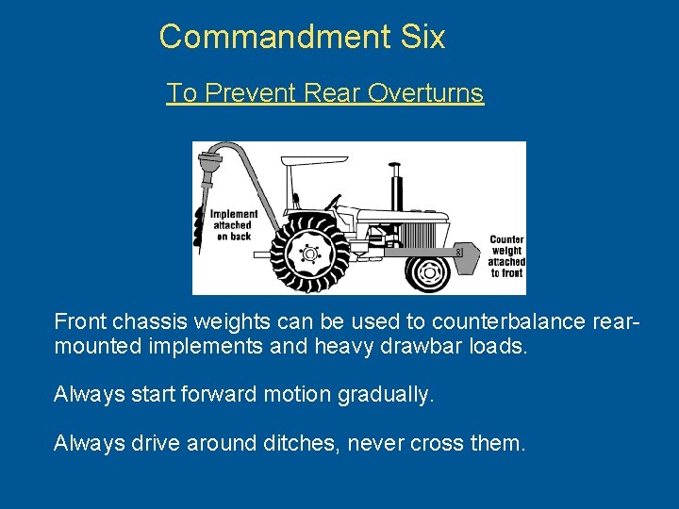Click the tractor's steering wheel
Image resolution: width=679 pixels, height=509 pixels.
coord(332,202)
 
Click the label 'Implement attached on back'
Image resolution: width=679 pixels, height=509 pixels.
coord(233,225)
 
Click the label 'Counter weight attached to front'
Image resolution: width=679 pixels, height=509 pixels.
coord(506,256)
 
